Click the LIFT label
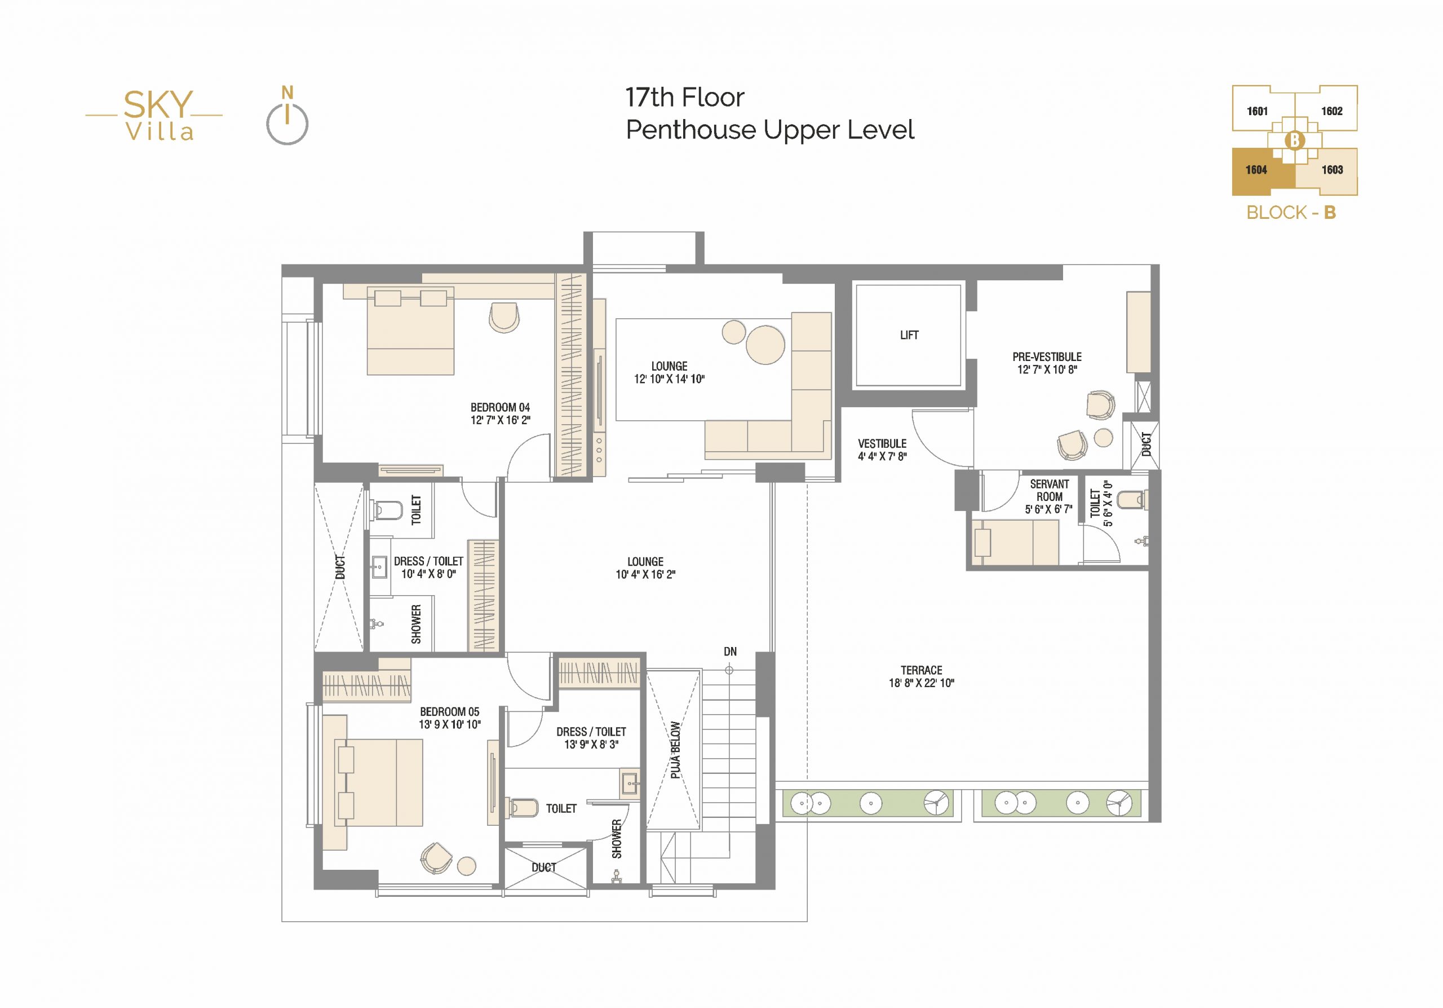click(909, 335)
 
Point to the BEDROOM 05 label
click(449, 712)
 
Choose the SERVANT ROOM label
click(1049, 491)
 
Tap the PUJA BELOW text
click(675, 750)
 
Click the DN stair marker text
click(729, 652)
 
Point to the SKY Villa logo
click(154, 115)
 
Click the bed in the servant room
click(1016, 543)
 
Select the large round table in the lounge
click(765, 345)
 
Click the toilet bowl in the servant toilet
click(1132, 499)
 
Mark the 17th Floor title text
click(684, 98)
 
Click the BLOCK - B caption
click(1291, 213)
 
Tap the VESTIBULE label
click(882, 443)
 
